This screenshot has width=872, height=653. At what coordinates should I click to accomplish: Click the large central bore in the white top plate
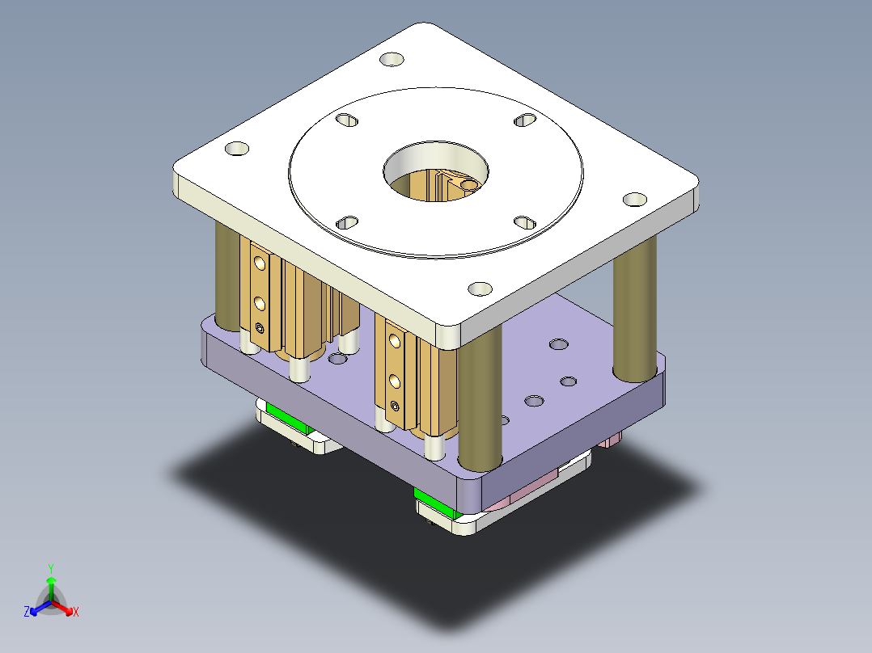(x=436, y=171)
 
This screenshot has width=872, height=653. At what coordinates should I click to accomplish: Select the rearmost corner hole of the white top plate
(x=392, y=61)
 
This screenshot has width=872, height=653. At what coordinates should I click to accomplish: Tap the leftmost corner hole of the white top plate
(x=236, y=149)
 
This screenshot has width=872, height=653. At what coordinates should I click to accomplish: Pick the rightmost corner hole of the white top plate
(x=636, y=198)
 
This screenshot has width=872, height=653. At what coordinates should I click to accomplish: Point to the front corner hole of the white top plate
(x=480, y=288)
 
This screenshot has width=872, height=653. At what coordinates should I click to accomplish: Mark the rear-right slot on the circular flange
(x=525, y=120)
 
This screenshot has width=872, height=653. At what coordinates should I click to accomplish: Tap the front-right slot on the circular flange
(x=525, y=221)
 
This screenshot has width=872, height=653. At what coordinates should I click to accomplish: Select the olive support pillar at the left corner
(x=227, y=279)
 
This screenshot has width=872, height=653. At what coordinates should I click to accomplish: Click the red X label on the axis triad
(x=76, y=612)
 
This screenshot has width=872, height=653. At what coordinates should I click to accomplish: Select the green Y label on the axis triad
(x=50, y=568)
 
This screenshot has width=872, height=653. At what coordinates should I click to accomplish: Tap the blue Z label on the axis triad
(x=27, y=612)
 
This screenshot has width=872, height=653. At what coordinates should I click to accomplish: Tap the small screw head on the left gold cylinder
(x=260, y=327)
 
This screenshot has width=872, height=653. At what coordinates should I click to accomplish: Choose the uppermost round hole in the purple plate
(x=558, y=345)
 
